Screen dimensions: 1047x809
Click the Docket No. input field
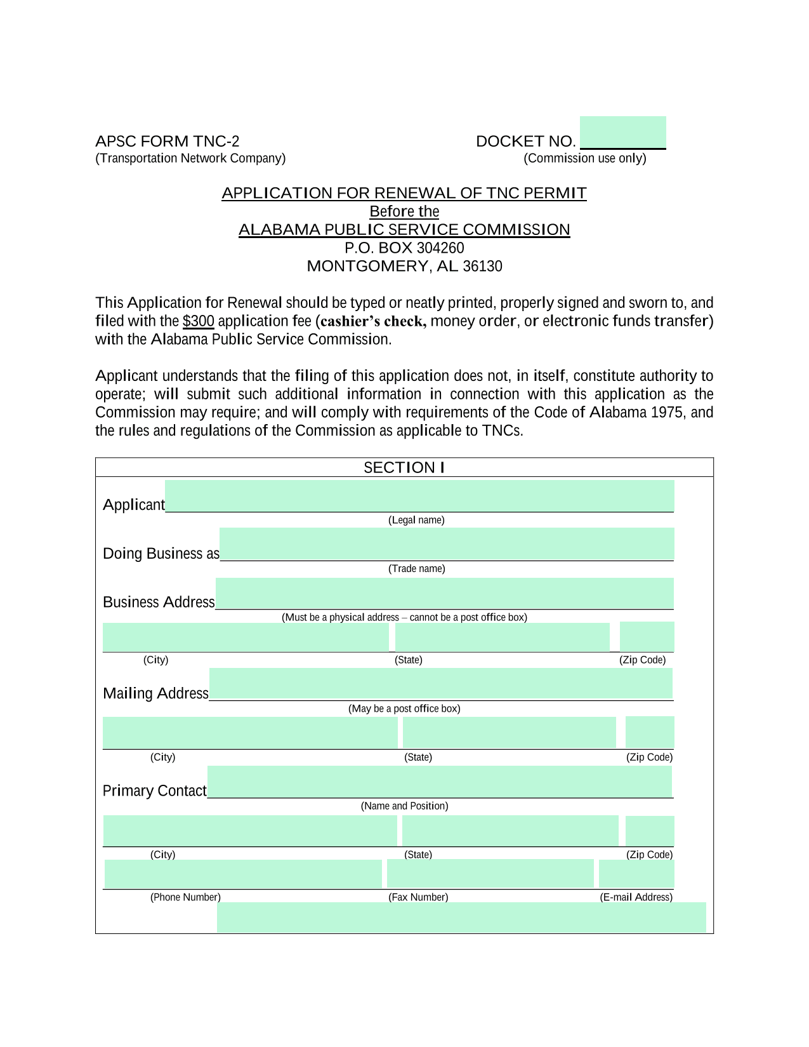(x=622, y=133)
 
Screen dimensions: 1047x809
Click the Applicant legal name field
(x=419, y=496)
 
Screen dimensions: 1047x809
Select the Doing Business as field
(x=446, y=544)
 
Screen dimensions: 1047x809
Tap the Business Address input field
(x=444, y=593)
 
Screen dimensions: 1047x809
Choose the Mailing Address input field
(x=440, y=684)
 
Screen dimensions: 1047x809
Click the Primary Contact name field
(x=439, y=782)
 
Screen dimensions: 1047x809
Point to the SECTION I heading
(x=404, y=467)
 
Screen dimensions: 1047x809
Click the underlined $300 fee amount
(x=198, y=321)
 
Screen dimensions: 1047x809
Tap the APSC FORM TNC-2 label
(x=168, y=141)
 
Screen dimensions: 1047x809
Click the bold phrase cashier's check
(x=373, y=321)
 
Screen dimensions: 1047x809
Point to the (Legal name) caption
(x=416, y=520)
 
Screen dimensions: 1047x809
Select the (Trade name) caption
(x=416, y=569)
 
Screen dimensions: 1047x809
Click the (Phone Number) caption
(x=185, y=897)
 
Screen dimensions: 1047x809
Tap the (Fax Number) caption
(x=418, y=897)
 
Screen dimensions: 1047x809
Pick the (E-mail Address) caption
(x=636, y=897)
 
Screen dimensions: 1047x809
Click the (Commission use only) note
(x=584, y=158)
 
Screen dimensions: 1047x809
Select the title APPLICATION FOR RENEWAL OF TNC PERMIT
(x=404, y=193)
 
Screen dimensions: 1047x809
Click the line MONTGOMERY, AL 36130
(x=404, y=266)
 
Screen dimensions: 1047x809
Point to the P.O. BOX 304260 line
(x=404, y=248)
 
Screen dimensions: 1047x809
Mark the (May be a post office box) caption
(x=404, y=709)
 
